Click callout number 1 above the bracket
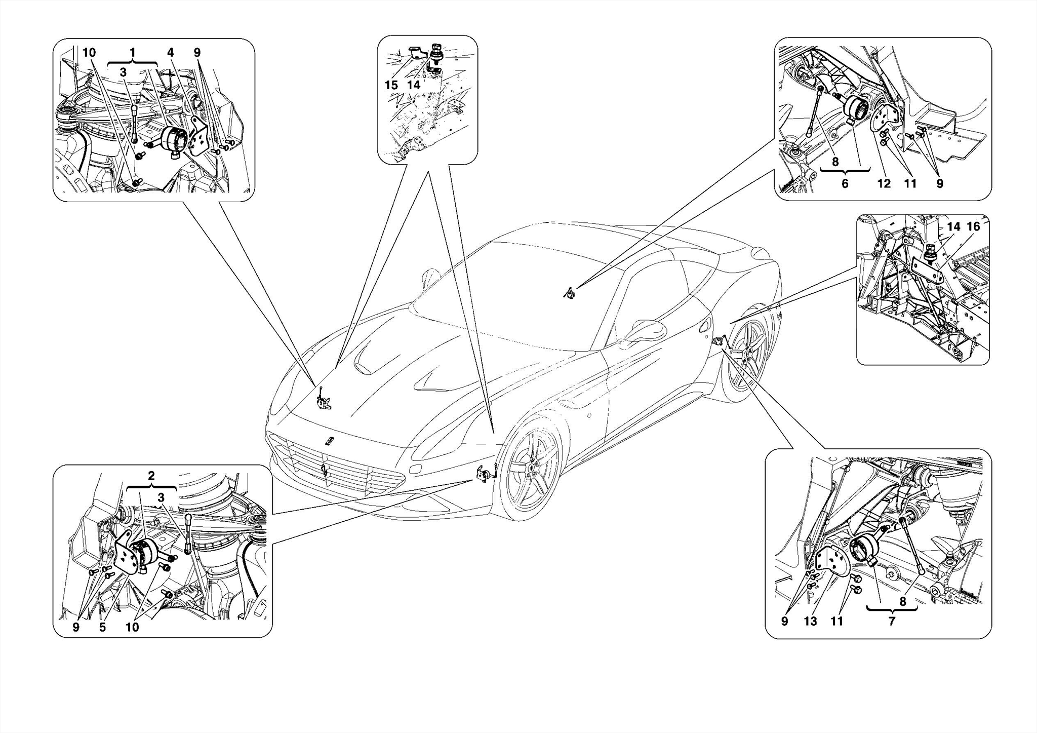[133, 53]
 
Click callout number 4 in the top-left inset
[170, 53]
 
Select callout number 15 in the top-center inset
[391, 85]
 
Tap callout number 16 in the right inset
[973, 226]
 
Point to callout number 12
[884, 184]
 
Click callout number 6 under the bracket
[845, 184]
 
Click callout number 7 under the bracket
[892, 621]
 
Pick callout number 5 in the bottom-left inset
[102, 627]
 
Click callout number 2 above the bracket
[151, 476]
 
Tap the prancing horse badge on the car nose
[330, 441]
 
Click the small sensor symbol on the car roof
[570, 293]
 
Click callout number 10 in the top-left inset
[89, 53]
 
